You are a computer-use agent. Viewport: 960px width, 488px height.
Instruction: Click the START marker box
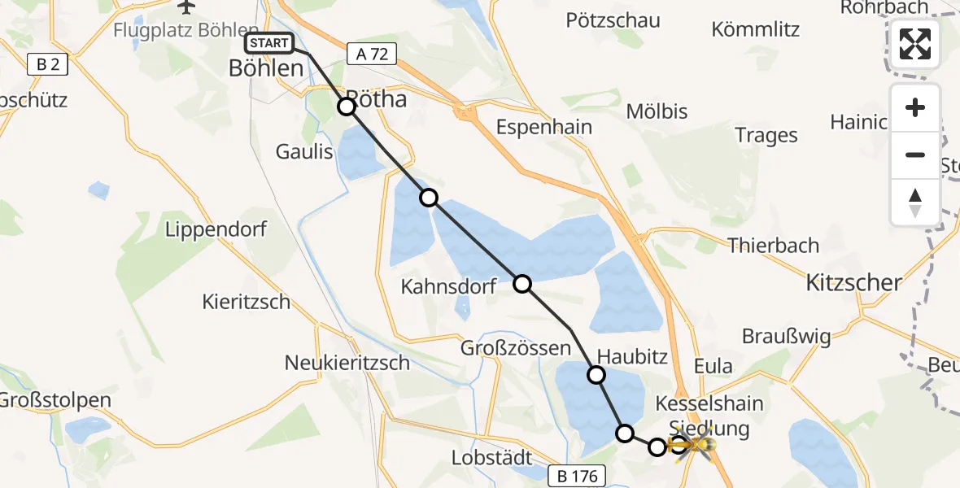[x=268, y=43]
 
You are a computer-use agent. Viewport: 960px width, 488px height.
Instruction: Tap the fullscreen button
[x=915, y=44]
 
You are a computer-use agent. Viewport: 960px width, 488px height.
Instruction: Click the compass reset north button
[x=915, y=201]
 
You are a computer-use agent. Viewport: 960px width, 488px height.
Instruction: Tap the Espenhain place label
[x=543, y=127]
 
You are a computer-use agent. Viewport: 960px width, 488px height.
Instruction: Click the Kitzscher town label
[x=853, y=283]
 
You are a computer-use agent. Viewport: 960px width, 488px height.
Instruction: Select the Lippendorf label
[x=216, y=229]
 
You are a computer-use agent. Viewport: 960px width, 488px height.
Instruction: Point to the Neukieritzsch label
[x=347, y=363]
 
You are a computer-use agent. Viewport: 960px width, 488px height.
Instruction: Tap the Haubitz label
[x=632, y=356]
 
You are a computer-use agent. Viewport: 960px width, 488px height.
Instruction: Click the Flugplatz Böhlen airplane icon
[x=186, y=7]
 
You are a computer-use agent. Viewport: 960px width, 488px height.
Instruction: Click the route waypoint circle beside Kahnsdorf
[x=522, y=284]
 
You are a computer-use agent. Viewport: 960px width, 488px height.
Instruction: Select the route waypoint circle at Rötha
[x=347, y=107]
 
